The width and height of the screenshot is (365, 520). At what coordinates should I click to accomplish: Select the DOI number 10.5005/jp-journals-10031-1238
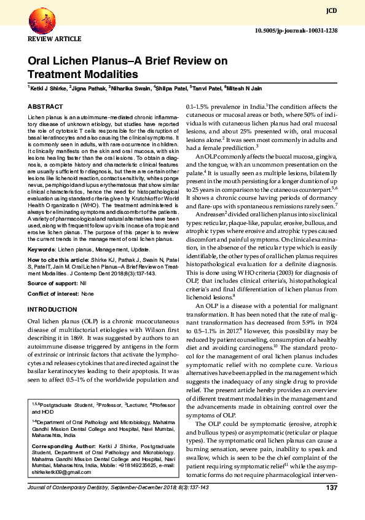[x=304, y=30]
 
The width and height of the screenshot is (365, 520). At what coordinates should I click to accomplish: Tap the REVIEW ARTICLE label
[x=55, y=39]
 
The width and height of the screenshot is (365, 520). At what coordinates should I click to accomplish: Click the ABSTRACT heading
[x=45, y=106]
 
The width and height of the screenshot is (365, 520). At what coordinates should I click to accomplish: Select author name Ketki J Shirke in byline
[x=49, y=89]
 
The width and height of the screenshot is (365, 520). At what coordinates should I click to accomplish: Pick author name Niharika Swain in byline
[x=130, y=89]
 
